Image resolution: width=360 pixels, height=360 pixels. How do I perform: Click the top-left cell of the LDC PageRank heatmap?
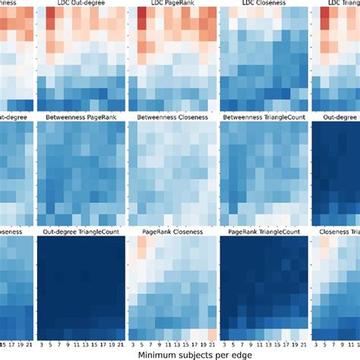pos(134,15)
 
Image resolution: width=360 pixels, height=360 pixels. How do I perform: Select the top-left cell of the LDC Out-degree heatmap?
pos(43,15)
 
